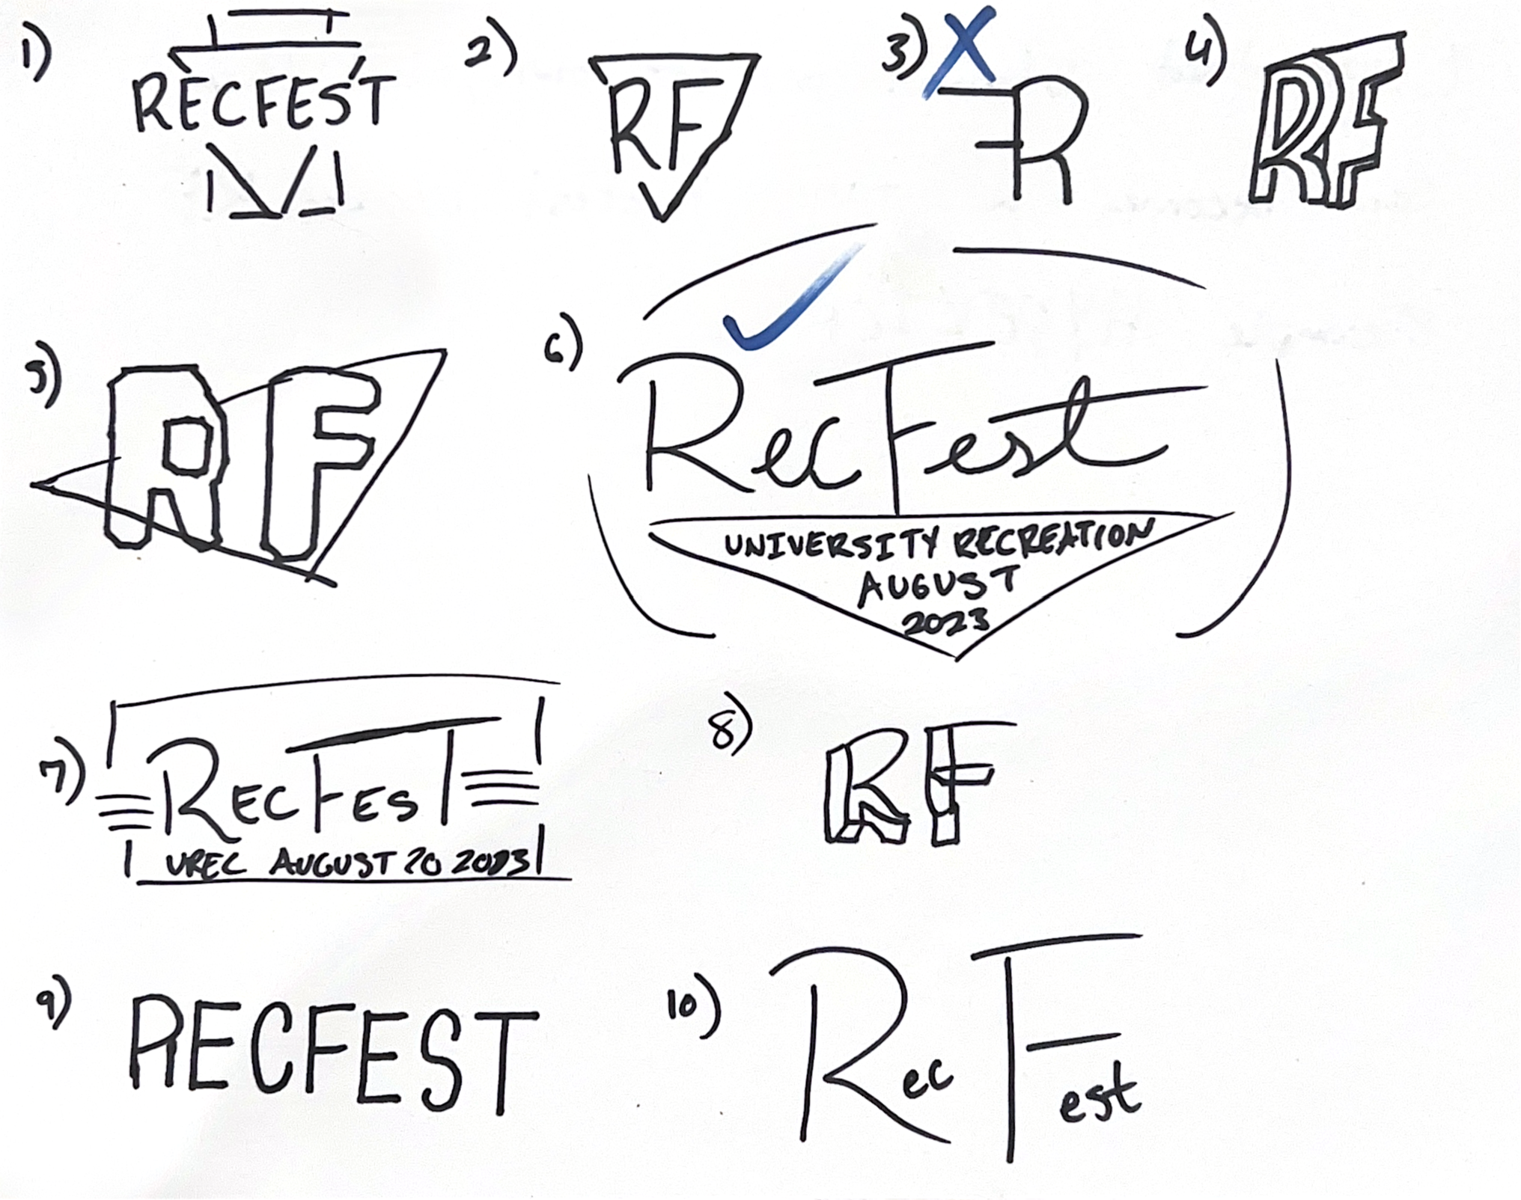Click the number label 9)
tap(55, 1003)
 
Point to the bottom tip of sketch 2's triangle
tap(662, 218)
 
